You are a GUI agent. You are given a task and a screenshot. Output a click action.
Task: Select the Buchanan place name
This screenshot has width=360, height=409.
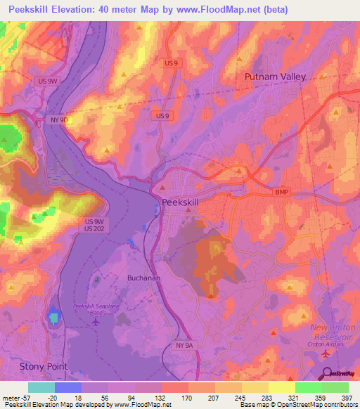pyautogui.click(x=144, y=278)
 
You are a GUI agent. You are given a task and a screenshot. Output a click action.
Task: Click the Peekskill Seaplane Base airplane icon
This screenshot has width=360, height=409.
pyautogui.click(x=96, y=322)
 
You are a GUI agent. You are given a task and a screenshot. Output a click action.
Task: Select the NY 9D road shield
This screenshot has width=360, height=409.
pyautogui.click(x=59, y=120)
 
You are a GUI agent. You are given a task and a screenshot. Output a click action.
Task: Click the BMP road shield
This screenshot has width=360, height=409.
pyautogui.click(x=282, y=192)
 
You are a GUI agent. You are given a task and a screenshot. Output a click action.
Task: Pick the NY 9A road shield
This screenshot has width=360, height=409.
pyautogui.click(x=183, y=346)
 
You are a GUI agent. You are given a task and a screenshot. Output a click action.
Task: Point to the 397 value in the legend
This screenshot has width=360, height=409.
pyautogui.click(x=347, y=397)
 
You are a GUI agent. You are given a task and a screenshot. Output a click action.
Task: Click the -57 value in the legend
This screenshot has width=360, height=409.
pyautogui.click(x=23, y=397)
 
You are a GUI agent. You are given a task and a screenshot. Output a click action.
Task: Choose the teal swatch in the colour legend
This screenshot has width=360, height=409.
pyautogui.click(x=41, y=387)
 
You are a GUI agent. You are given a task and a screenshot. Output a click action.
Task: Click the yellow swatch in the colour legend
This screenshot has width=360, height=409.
pyautogui.click(x=281, y=387)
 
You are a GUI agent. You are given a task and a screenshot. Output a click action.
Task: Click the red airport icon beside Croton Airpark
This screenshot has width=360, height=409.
pyautogui.click(x=326, y=356)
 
